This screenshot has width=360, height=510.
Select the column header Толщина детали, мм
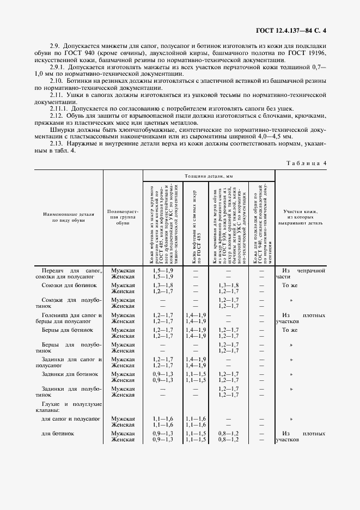click(x=209, y=177)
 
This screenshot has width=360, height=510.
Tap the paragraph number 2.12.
click(x=56, y=116)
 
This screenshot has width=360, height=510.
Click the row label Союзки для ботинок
click(x=69, y=285)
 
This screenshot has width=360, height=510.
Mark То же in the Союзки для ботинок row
click(x=290, y=285)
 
